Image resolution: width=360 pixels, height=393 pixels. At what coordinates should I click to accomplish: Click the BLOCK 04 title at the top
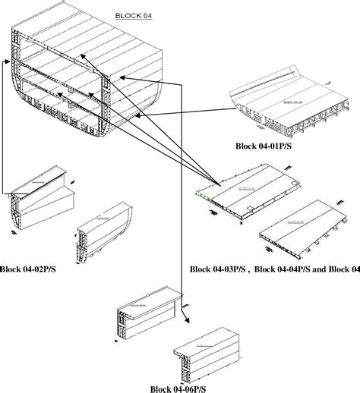tap(131, 15)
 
